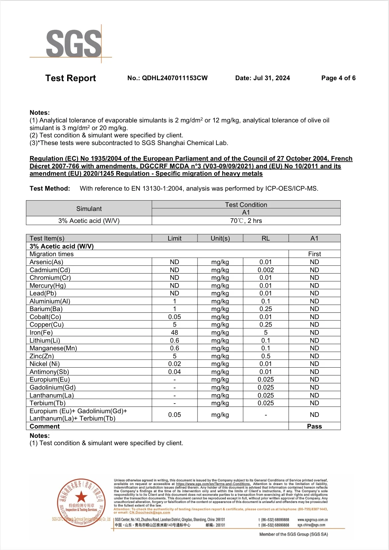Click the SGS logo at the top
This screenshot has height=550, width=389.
click(x=74, y=43)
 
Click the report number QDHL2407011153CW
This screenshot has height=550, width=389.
click(x=175, y=78)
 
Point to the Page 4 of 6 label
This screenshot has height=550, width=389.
click(x=338, y=78)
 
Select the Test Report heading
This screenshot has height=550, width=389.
click(x=70, y=78)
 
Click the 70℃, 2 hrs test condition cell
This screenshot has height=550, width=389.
click(x=246, y=221)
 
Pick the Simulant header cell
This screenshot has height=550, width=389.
click(x=89, y=209)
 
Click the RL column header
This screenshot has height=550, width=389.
click(x=266, y=238)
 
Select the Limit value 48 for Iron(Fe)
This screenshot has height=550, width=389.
click(x=175, y=332)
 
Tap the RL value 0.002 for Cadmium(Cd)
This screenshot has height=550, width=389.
click(x=266, y=270)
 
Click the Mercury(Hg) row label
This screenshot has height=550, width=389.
click(x=48, y=285)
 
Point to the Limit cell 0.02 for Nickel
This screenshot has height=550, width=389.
click(x=175, y=364)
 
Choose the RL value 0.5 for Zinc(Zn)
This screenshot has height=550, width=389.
click(x=266, y=356)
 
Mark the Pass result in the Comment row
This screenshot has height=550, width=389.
click(x=314, y=426)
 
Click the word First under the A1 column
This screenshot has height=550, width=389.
click(x=314, y=254)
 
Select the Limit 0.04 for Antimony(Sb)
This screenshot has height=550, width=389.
click(x=175, y=372)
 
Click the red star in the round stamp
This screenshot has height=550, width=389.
click(x=81, y=497)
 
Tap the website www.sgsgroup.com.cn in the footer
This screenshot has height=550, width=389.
click(x=313, y=520)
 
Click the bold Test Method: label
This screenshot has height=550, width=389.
click(x=50, y=189)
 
